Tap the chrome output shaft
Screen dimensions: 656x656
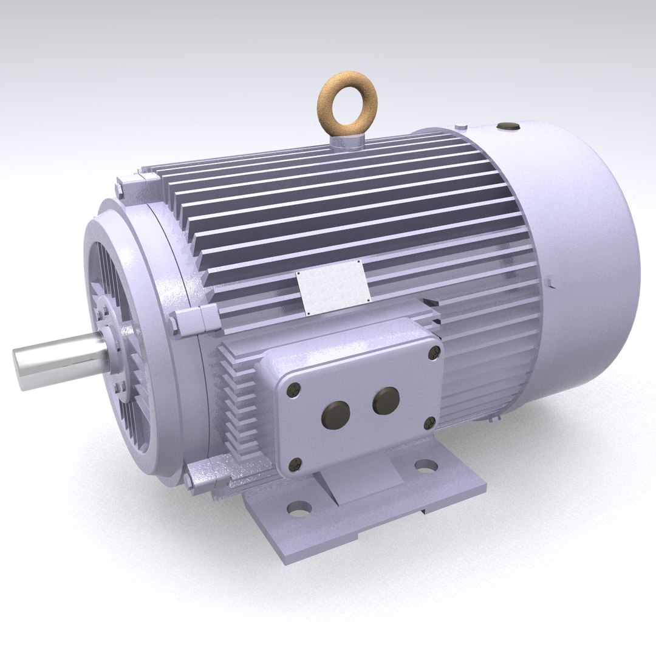(58, 358)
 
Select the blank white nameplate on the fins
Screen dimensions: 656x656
(333, 286)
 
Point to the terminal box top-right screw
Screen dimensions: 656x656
(434, 350)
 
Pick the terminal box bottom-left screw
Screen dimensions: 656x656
(296, 464)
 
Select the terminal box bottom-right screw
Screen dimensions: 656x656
(431, 421)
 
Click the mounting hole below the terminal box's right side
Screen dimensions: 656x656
(426, 466)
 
